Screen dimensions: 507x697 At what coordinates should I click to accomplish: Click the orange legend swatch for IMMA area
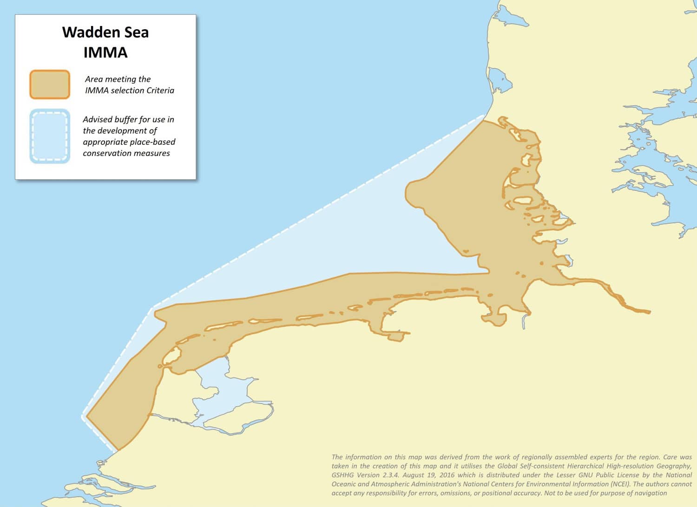click(x=50, y=84)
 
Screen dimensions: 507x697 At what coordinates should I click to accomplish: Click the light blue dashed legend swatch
click(x=50, y=136)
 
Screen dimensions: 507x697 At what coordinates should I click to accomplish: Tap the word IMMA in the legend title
click(x=105, y=52)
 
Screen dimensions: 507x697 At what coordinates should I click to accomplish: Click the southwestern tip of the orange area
click(x=118, y=449)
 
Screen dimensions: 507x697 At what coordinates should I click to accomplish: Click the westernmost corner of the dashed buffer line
click(x=84, y=416)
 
